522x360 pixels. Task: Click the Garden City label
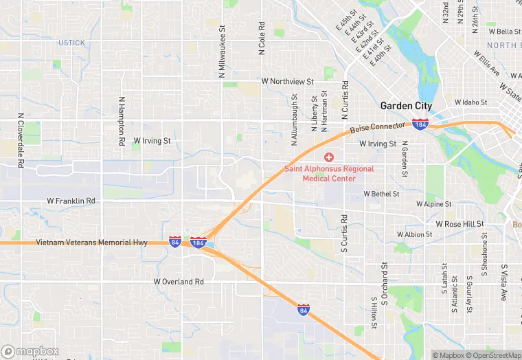tap(407, 106)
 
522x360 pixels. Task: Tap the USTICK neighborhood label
tap(72, 43)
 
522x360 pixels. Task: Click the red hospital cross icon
tap(329, 158)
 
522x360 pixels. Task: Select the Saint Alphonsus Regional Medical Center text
tap(329, 174)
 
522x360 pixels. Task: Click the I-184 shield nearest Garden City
tap(420, 124)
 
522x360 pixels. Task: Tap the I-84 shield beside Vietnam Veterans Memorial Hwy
tap(176, 243)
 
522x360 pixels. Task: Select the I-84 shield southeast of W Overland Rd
tap(304, 310)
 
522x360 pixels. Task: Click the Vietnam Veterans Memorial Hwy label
tap(91, 243)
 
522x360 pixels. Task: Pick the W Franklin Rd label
tap(71, 201)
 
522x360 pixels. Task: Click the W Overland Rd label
tap(179, 282)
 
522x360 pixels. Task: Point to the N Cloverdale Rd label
tap(21, 141)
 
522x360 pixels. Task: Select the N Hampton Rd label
tap(122, 120)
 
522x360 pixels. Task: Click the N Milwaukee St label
tap(223, 52)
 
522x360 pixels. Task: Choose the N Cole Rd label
tap(262, 38)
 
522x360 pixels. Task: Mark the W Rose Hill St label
tap(459, 224)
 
